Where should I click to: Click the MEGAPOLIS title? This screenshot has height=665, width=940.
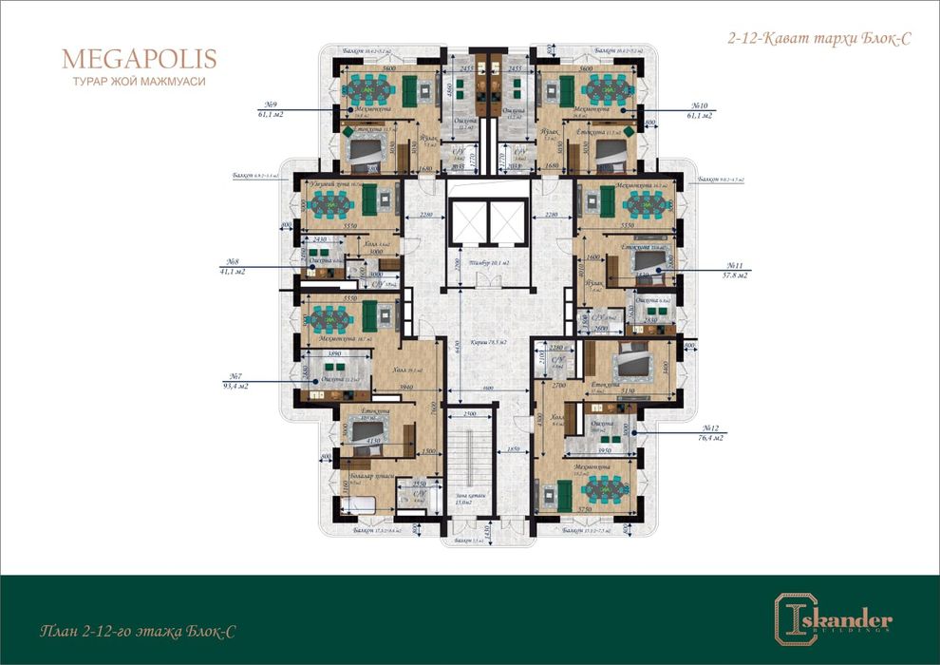click(140, 59)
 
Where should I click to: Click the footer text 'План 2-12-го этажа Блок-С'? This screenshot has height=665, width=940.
click(139, 631)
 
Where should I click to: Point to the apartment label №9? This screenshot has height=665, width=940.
click(271, 104)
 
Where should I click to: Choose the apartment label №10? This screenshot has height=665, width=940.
click(701, 104)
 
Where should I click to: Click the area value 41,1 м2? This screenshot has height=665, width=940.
click(233, 272)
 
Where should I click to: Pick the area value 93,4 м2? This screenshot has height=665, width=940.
click(233, 386)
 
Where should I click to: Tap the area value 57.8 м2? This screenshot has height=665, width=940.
click(734, 275)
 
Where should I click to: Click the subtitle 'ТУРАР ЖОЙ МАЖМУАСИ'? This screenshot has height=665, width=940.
click(140, 82)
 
